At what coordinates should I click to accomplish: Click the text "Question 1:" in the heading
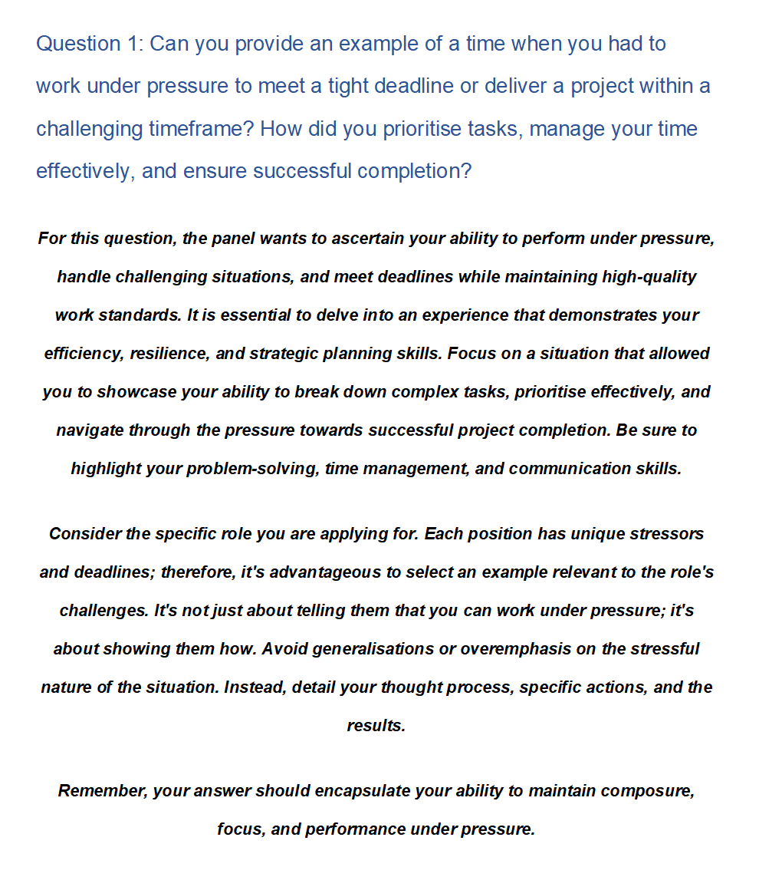pyautogui.click(x=89, y=44)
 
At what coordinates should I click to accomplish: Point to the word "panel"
pyautogui.click(x=234, y=239)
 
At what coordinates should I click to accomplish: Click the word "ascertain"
pyautogui.click(x=367, y=239)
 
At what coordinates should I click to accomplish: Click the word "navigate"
pyautogui.click(x=90, y=430)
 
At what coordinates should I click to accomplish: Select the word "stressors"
pyautogui.click(x=666, y=534)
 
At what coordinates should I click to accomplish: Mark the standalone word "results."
pyautogui.click(x=376, y=726)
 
